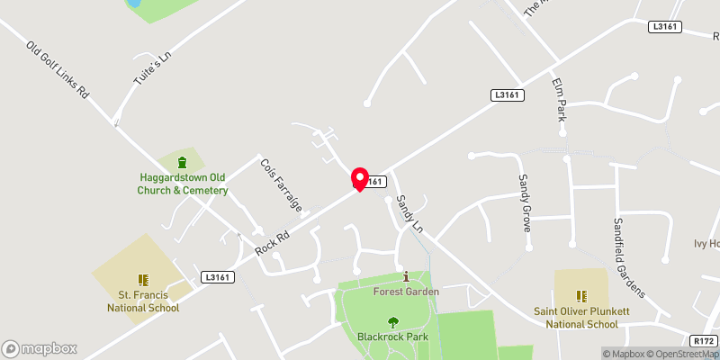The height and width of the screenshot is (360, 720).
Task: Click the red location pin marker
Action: [360, 178]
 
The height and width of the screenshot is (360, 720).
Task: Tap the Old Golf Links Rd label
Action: [59, 69]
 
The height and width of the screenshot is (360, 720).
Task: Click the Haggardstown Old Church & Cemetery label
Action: [183, 184]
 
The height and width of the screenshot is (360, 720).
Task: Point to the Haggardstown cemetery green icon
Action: [183, 163]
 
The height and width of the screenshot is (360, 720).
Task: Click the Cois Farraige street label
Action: [280, 184]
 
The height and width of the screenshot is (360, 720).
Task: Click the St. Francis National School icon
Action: [142, 280]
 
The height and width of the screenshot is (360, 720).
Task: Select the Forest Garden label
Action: [406, 292]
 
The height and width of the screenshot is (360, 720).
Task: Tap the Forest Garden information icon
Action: [406, 276]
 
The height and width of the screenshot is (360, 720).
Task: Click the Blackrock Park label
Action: [392, 337]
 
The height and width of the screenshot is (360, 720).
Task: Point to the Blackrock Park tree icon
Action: [392, 321]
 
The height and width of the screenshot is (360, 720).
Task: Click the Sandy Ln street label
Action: [409, 214]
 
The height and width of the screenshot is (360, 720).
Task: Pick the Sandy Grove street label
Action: [524, 202]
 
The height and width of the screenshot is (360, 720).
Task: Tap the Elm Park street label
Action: [559, 100]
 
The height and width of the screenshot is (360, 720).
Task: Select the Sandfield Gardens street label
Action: [629, 257]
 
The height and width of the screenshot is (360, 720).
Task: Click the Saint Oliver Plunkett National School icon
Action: [581, 295]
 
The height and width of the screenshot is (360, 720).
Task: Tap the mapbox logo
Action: [40, 348]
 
